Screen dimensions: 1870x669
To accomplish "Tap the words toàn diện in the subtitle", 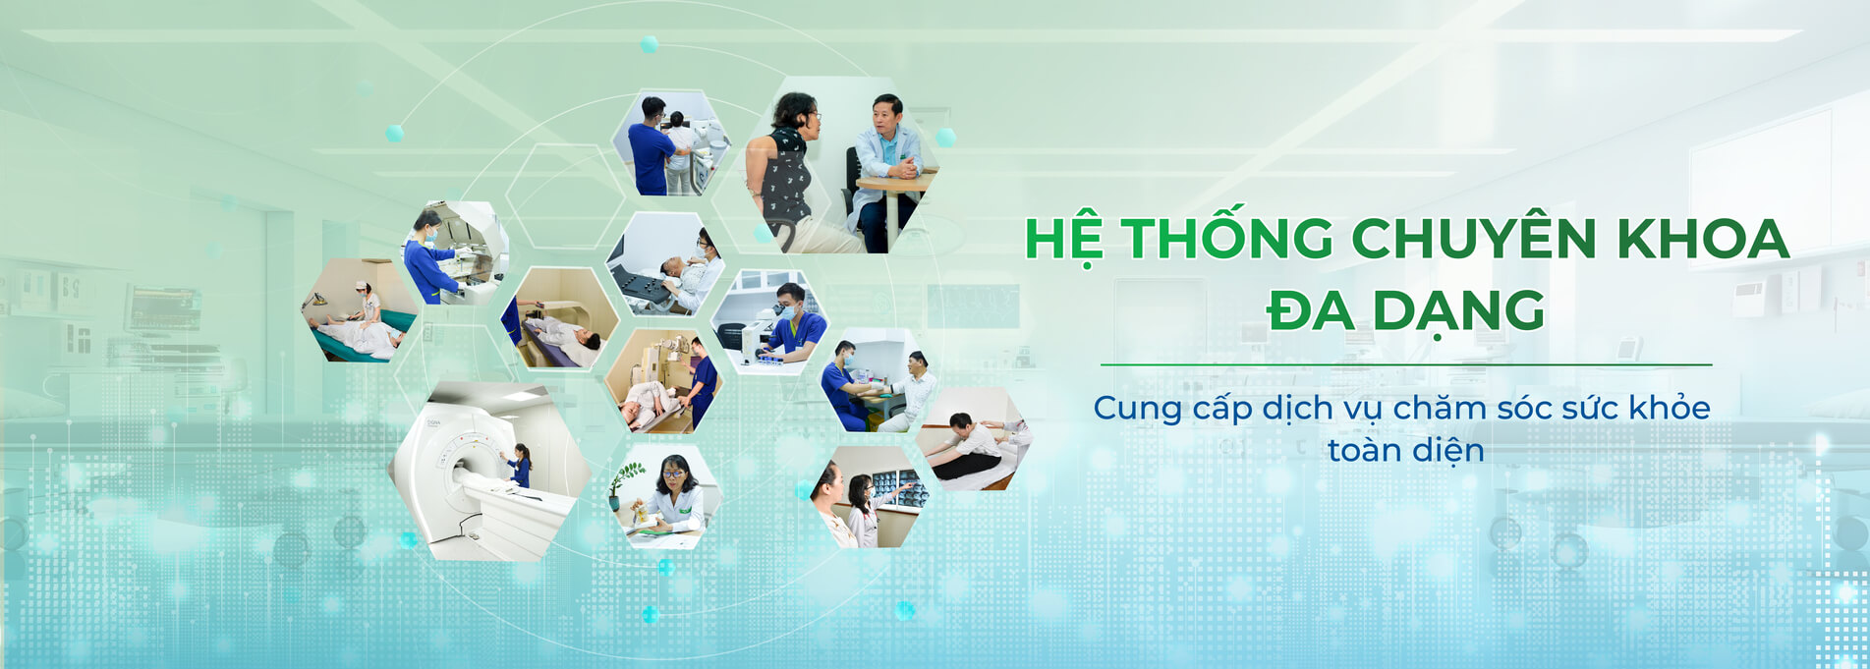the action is tap(1406, 450).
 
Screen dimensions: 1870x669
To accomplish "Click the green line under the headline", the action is tap(1406, 364).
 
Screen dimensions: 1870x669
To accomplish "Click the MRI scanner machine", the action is tap(472, 472).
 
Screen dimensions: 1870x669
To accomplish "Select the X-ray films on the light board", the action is tap(900, 487).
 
